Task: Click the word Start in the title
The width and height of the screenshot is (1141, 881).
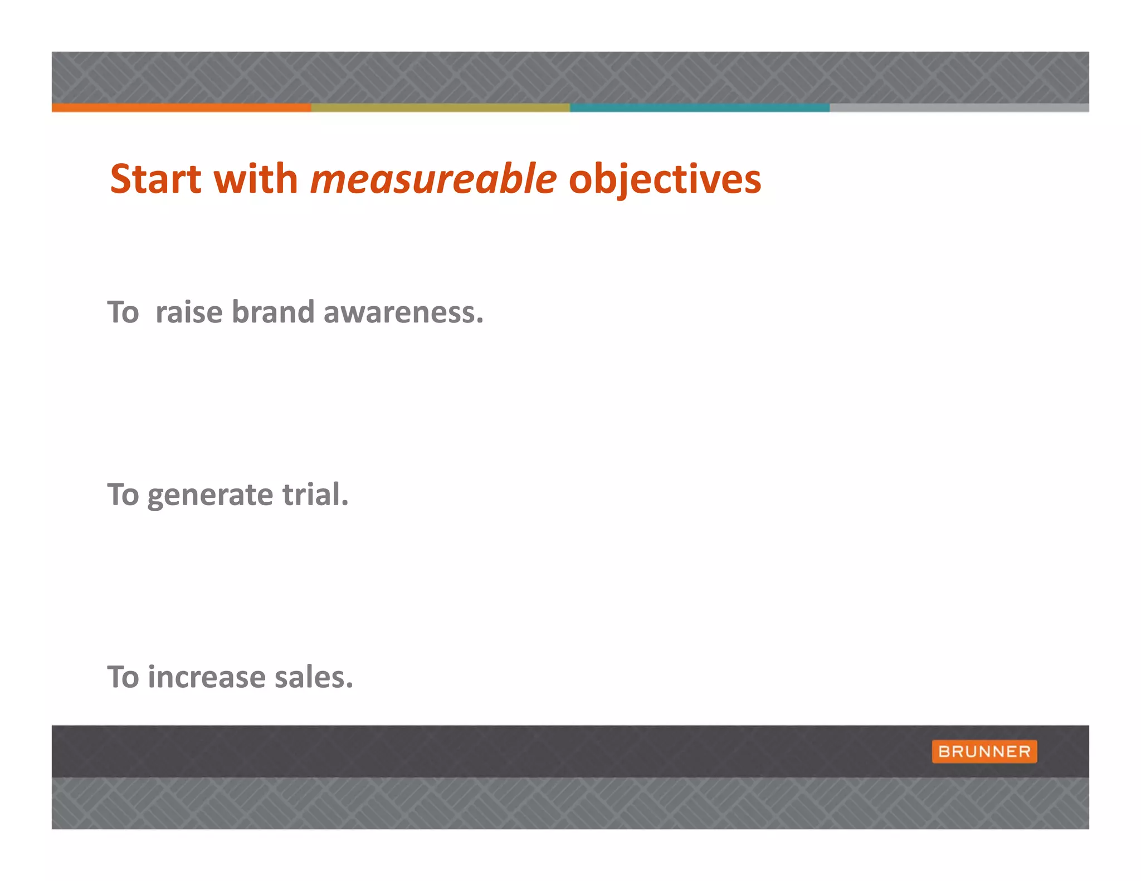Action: [x=155, y=179]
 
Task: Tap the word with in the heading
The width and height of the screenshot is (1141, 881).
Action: [x=256, y=179]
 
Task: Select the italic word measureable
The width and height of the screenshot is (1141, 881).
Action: [x=433, y=179]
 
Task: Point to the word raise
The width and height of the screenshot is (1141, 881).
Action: [x=189, y=312]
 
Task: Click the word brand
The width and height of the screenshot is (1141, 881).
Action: [x=273, y=312]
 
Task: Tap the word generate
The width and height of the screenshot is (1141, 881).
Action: [x=210, y=496]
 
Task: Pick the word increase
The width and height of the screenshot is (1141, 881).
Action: [x=207, y=678]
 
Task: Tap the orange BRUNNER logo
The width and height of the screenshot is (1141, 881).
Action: [x=984, y=751]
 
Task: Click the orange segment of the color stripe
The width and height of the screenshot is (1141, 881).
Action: [x=181, y=107]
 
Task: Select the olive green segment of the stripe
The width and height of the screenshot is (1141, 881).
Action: [x=440, y=107]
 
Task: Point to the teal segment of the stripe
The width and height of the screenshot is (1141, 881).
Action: [x=700, y=107]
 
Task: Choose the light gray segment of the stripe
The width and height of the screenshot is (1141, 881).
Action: [x=959, y=107]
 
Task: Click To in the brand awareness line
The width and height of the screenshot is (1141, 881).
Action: [x=123, y=312]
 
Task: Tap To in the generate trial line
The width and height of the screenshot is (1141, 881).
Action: [x=123, y=495]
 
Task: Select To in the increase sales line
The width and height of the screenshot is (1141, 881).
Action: [x=123, y=678]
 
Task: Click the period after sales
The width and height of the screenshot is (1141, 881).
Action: [x=349, y=686]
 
